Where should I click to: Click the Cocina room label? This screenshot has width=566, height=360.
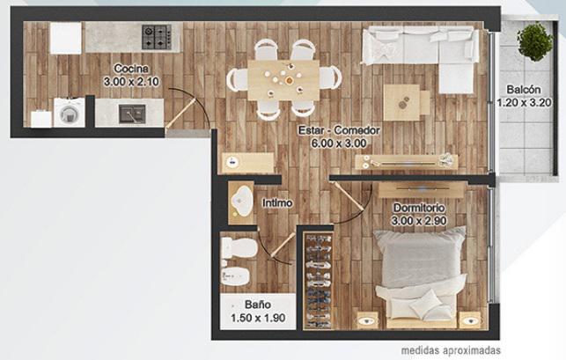pos(131,69)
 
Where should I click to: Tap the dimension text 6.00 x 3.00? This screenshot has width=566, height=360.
pos(339,143)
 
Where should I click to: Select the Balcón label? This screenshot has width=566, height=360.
pos(524,89)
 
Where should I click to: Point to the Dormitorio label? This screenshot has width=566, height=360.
pos(419,208)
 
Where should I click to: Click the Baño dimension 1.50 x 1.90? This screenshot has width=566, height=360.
pos(258,318)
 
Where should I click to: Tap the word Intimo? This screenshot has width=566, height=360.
pos(277,203)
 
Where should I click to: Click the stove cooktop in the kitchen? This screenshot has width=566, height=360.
pos(157,37)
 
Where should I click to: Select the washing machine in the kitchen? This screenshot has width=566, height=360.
pos(70,113)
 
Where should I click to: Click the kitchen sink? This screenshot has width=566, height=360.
pos(132,114)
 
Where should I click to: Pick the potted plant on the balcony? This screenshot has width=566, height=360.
pos(534,40)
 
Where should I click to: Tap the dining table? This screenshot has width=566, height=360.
pos(283,80)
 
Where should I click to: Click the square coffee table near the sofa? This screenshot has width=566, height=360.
pos(401,103)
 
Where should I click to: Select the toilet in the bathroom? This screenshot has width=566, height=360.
pos(239,247)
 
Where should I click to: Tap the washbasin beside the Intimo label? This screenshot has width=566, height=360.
pos(242,202)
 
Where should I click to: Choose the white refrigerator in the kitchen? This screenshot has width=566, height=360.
pos(66,38)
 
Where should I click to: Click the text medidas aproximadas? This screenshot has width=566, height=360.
pos(451,350)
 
